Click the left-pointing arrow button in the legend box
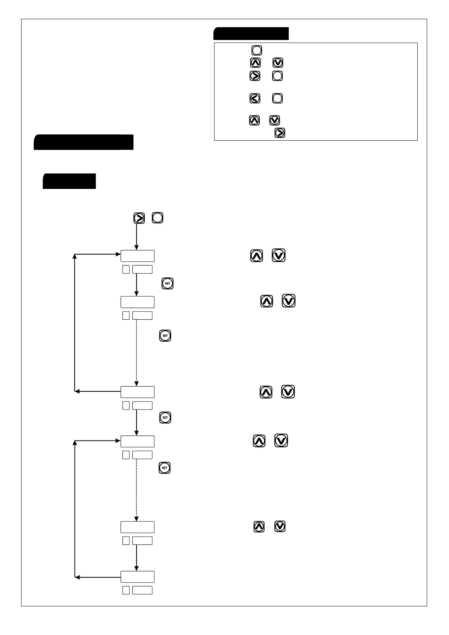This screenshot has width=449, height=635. (x=255, y=98)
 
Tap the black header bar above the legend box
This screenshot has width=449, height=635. (x=251, y=34)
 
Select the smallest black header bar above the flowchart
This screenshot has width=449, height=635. (x=69, y=181)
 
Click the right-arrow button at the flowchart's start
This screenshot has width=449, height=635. (x=139, y=218)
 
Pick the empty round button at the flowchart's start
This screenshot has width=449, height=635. (x=158, y=218)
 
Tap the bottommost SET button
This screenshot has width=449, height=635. (x=164, y=468)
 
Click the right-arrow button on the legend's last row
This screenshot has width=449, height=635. (x=280, y=133)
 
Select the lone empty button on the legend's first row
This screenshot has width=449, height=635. (x=257, y=50)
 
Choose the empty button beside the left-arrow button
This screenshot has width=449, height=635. (x=277, y=98)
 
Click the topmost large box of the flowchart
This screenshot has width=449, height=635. (x=137, y=256)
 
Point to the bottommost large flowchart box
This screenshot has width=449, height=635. (x=137, y=577)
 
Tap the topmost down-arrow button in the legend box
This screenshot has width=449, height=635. (x=278, y=63)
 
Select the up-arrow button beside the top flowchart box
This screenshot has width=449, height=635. (x=257, y=256)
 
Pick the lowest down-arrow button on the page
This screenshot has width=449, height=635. (x=280, y=526)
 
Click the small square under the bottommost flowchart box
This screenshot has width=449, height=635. (x=126, y=590)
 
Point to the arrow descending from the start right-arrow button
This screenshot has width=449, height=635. (x=136, y=237)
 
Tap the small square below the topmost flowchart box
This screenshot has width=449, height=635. (x=126, y=269)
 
